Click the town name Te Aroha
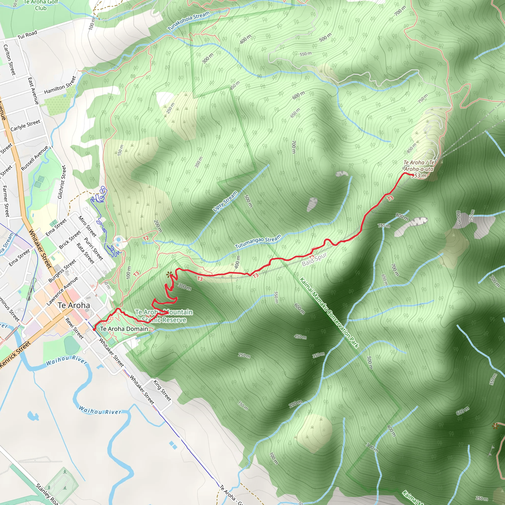[74, 305]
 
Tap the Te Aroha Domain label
[124, 329]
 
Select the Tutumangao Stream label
[258, 241]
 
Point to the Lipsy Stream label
[225, 201]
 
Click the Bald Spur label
[314, 259]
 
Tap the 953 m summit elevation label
[419, 176]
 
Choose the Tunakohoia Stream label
[188, 21]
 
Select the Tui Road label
[27, 35]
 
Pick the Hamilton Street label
[60, 85]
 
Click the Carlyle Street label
[25, 126]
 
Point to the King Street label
[162, 391]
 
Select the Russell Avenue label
[35, 158]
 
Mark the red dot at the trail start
[94, 329]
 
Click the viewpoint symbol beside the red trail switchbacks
[169, 274]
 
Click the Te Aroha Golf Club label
[41, 5]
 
